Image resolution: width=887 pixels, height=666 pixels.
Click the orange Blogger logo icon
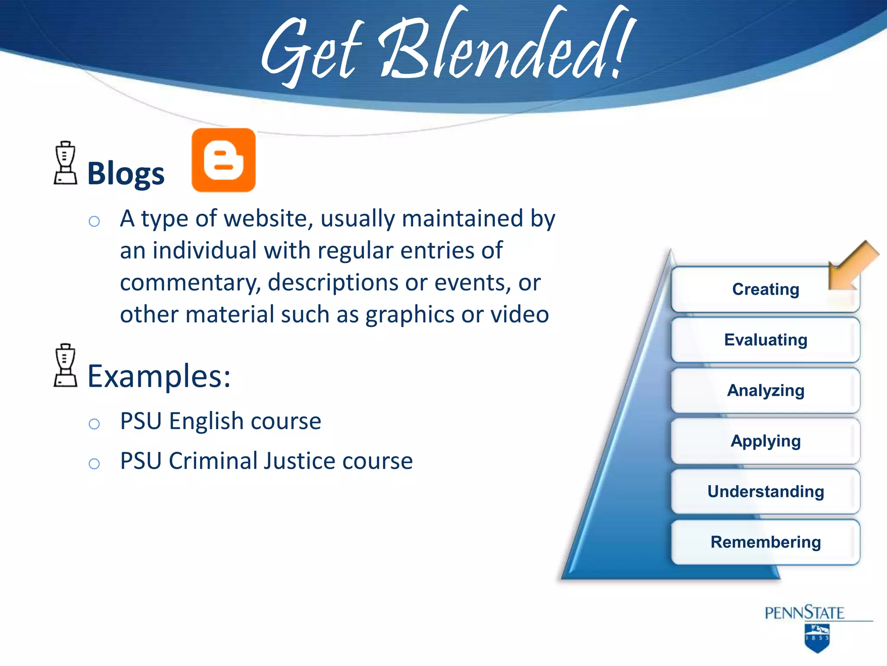[223, 160]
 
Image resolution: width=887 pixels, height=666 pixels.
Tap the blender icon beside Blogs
[65, 163]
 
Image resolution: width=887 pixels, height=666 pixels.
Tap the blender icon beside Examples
[65, 366]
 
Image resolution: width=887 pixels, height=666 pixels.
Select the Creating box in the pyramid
[765, 289]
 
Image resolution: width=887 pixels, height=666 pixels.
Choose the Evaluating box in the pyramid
[765, 340]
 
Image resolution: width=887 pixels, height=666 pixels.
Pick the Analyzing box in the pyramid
[765, 390]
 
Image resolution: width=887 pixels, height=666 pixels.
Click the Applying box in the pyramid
[765, 441]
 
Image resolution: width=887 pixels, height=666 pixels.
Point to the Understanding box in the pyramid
[765, 491]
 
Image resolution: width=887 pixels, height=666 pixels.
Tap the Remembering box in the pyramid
[765, 542]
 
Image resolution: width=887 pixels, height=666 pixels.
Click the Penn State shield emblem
[817, 638]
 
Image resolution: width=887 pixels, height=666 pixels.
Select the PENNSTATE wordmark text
[804, 613]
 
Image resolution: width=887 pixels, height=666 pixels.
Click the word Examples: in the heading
[159, 376]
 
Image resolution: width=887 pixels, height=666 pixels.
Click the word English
[206, 421]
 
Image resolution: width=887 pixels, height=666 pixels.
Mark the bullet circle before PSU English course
[94, 424]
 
